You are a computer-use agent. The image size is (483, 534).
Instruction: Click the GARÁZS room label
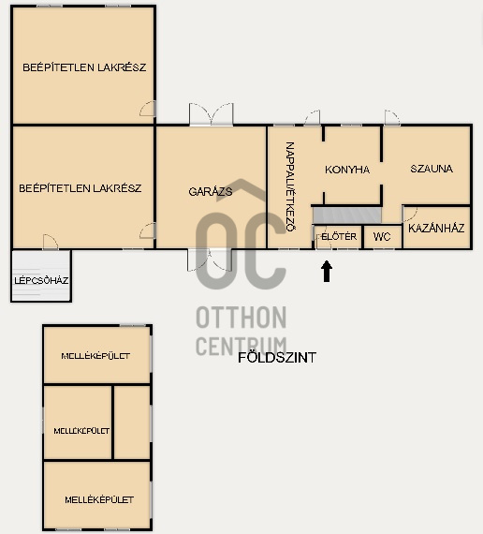(211, 190)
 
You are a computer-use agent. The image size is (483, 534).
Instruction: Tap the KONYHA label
(347, 170)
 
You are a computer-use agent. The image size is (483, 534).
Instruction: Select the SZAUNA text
(432, 170)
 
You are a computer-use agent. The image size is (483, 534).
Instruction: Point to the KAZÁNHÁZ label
(436, 227)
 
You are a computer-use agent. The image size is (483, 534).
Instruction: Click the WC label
(381, 237)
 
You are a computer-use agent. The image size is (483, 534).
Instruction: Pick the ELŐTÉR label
(338, 237)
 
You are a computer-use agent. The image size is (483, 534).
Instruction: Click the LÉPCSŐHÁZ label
(42, 280)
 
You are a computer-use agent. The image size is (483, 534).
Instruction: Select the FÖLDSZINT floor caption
(277, 357)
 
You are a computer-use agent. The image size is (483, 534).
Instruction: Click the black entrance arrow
(327, 271)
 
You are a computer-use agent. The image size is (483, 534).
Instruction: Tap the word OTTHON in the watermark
(241, 317)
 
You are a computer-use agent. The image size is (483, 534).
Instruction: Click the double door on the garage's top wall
(211, 115)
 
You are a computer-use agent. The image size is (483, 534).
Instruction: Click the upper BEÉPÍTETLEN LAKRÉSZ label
(84, 67)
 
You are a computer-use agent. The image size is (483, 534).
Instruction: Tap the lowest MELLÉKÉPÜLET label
(98, 499)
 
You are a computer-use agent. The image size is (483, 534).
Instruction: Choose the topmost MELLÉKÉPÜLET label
(95, 356)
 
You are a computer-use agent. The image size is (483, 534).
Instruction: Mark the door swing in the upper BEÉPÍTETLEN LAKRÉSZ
(147, 110)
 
